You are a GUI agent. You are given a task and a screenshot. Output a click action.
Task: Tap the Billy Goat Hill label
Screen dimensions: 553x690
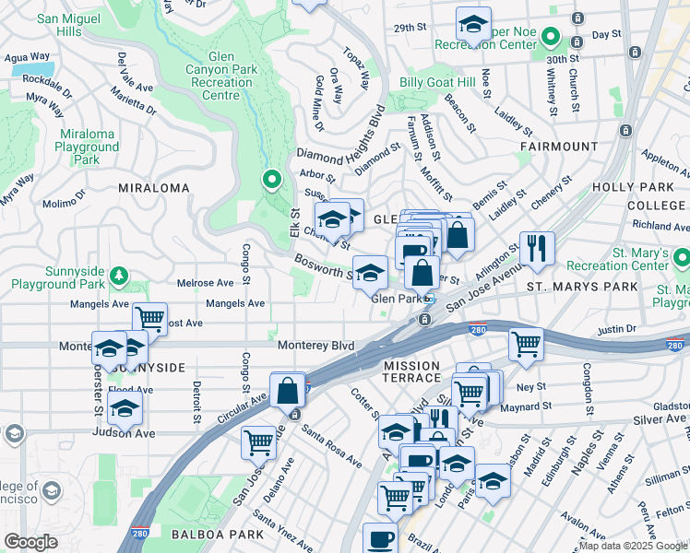(437, 82)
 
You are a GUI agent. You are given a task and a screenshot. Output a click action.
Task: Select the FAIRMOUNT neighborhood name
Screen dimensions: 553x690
(559, 147)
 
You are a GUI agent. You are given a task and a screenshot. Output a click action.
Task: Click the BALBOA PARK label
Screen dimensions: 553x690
(205, 534)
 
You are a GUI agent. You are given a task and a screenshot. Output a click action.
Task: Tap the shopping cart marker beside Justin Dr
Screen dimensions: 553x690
(526, 345)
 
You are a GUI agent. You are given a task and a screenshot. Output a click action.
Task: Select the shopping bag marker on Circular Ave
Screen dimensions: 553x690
(288, 389)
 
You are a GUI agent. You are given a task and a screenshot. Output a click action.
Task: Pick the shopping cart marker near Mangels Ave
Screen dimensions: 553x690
(149, 319)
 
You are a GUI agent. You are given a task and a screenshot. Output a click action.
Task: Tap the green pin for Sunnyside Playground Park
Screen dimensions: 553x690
(118, 275)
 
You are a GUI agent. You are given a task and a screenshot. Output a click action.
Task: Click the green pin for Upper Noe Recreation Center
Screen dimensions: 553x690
(551, 38)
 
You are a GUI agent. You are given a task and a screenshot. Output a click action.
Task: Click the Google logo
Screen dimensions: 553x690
(31, 542)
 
